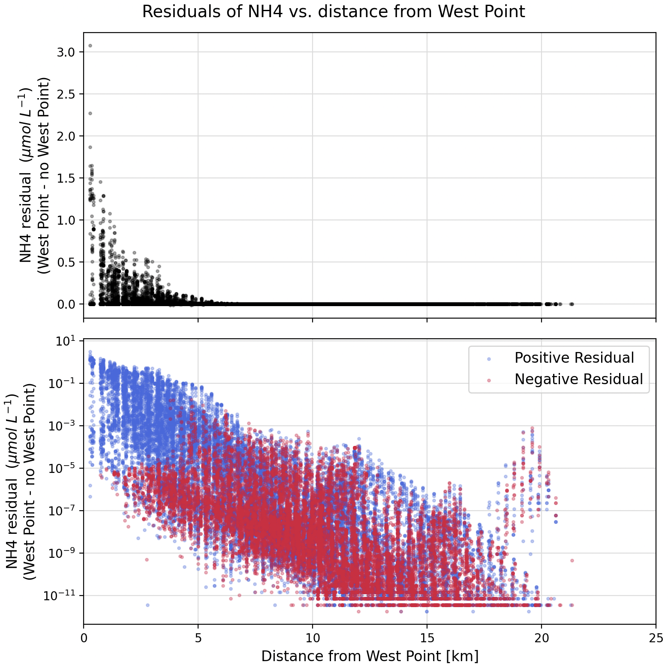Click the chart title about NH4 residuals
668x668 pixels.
coord(334,12)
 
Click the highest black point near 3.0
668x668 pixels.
coord(90,46)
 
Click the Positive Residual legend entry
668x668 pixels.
coord(574,358)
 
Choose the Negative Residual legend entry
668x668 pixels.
coord(579,379)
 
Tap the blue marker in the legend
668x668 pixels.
coord(488,358)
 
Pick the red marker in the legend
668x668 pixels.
coord(488,380)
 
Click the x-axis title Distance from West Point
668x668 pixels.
coord(370,656)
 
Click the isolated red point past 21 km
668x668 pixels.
coord(572,560)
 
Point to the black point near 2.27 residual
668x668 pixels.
coord(90,113)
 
